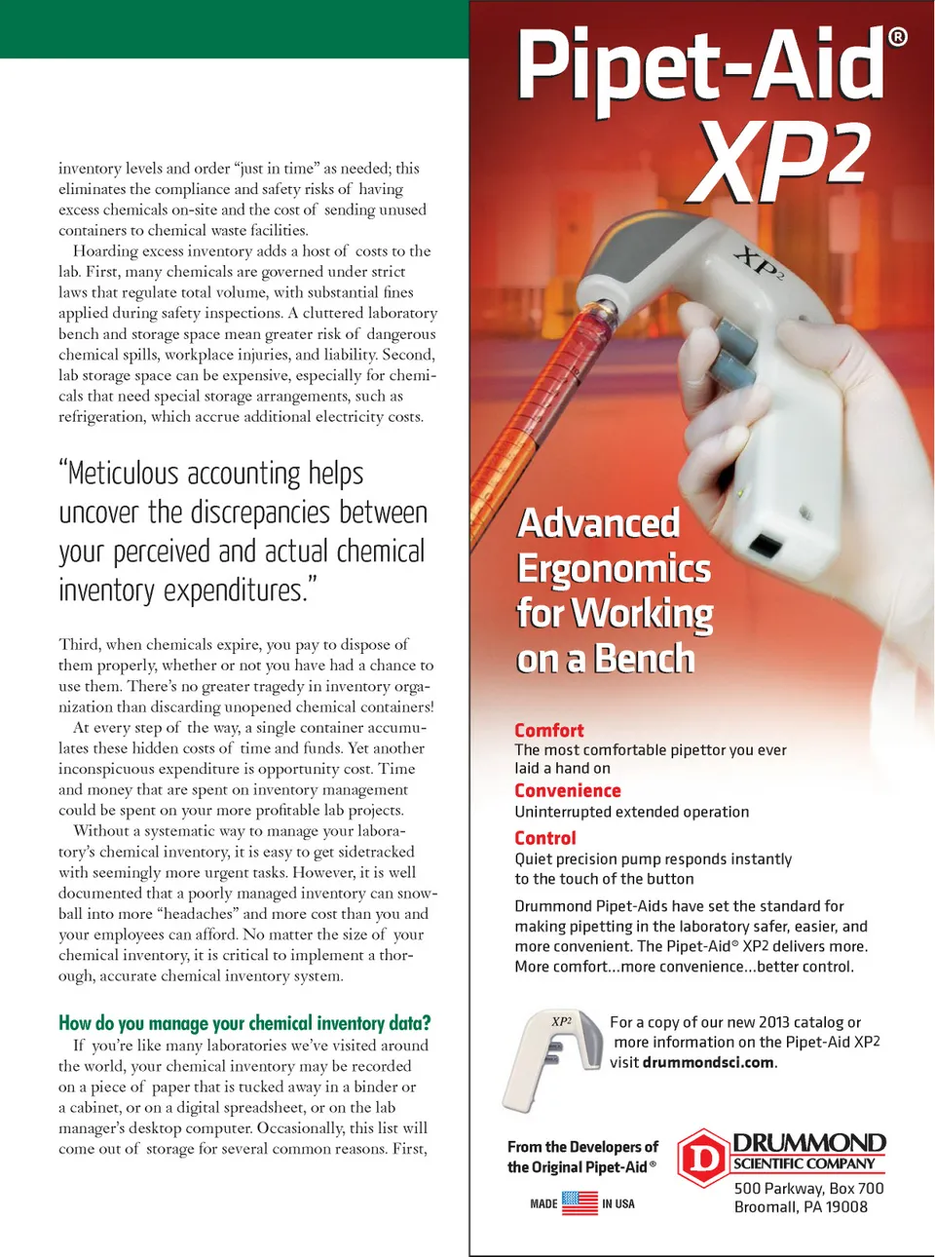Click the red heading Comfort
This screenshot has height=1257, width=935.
coord(549,730)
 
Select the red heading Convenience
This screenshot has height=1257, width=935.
coord(568,790)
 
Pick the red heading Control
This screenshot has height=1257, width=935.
coord(545,838)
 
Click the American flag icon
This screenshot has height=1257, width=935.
coord(580,1203)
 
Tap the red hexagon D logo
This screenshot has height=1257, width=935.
coord(703,1159)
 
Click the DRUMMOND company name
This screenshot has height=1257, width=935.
coord(808,1142)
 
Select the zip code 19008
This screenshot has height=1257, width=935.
coord(846,1206)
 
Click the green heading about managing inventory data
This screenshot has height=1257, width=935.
coord(244,1022)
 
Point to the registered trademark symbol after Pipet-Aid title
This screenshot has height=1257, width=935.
coord(898,37)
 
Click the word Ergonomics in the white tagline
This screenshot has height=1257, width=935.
coord(614,568)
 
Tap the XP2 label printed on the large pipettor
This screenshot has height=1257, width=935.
coord(759,263)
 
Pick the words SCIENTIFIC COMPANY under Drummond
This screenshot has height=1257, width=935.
coord(804,1163)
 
